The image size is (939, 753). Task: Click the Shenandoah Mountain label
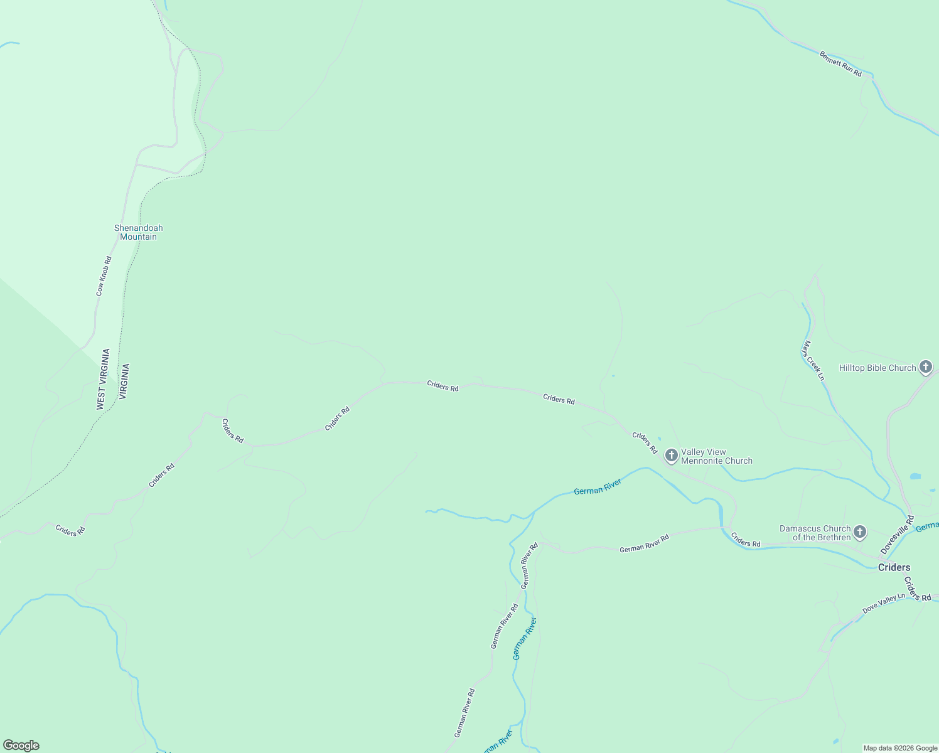[138, 232]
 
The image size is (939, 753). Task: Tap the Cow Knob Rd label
[104, 276]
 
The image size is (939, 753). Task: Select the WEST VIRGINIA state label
[103, 380]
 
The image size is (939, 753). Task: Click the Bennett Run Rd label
[840, 64]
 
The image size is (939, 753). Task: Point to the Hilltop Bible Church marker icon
[925, 367]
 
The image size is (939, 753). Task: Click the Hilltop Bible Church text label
[877, 368]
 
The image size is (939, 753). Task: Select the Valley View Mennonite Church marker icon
[671, 456]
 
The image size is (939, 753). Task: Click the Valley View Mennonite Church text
[716, 456]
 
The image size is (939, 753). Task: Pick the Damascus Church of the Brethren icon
[860, 533]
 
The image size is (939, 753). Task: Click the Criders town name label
[894, 567]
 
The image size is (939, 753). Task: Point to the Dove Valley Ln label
[884, 604]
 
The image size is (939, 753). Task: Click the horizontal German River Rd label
[644, 543]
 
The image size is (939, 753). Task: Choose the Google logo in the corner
[21, 745]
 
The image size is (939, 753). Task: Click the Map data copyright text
[900, 748]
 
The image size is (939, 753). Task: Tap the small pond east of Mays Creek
[915, 476]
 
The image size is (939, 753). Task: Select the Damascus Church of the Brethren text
[815, 533]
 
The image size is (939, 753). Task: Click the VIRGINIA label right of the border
[124, 382]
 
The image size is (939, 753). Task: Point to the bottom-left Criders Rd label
[70, 530]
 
